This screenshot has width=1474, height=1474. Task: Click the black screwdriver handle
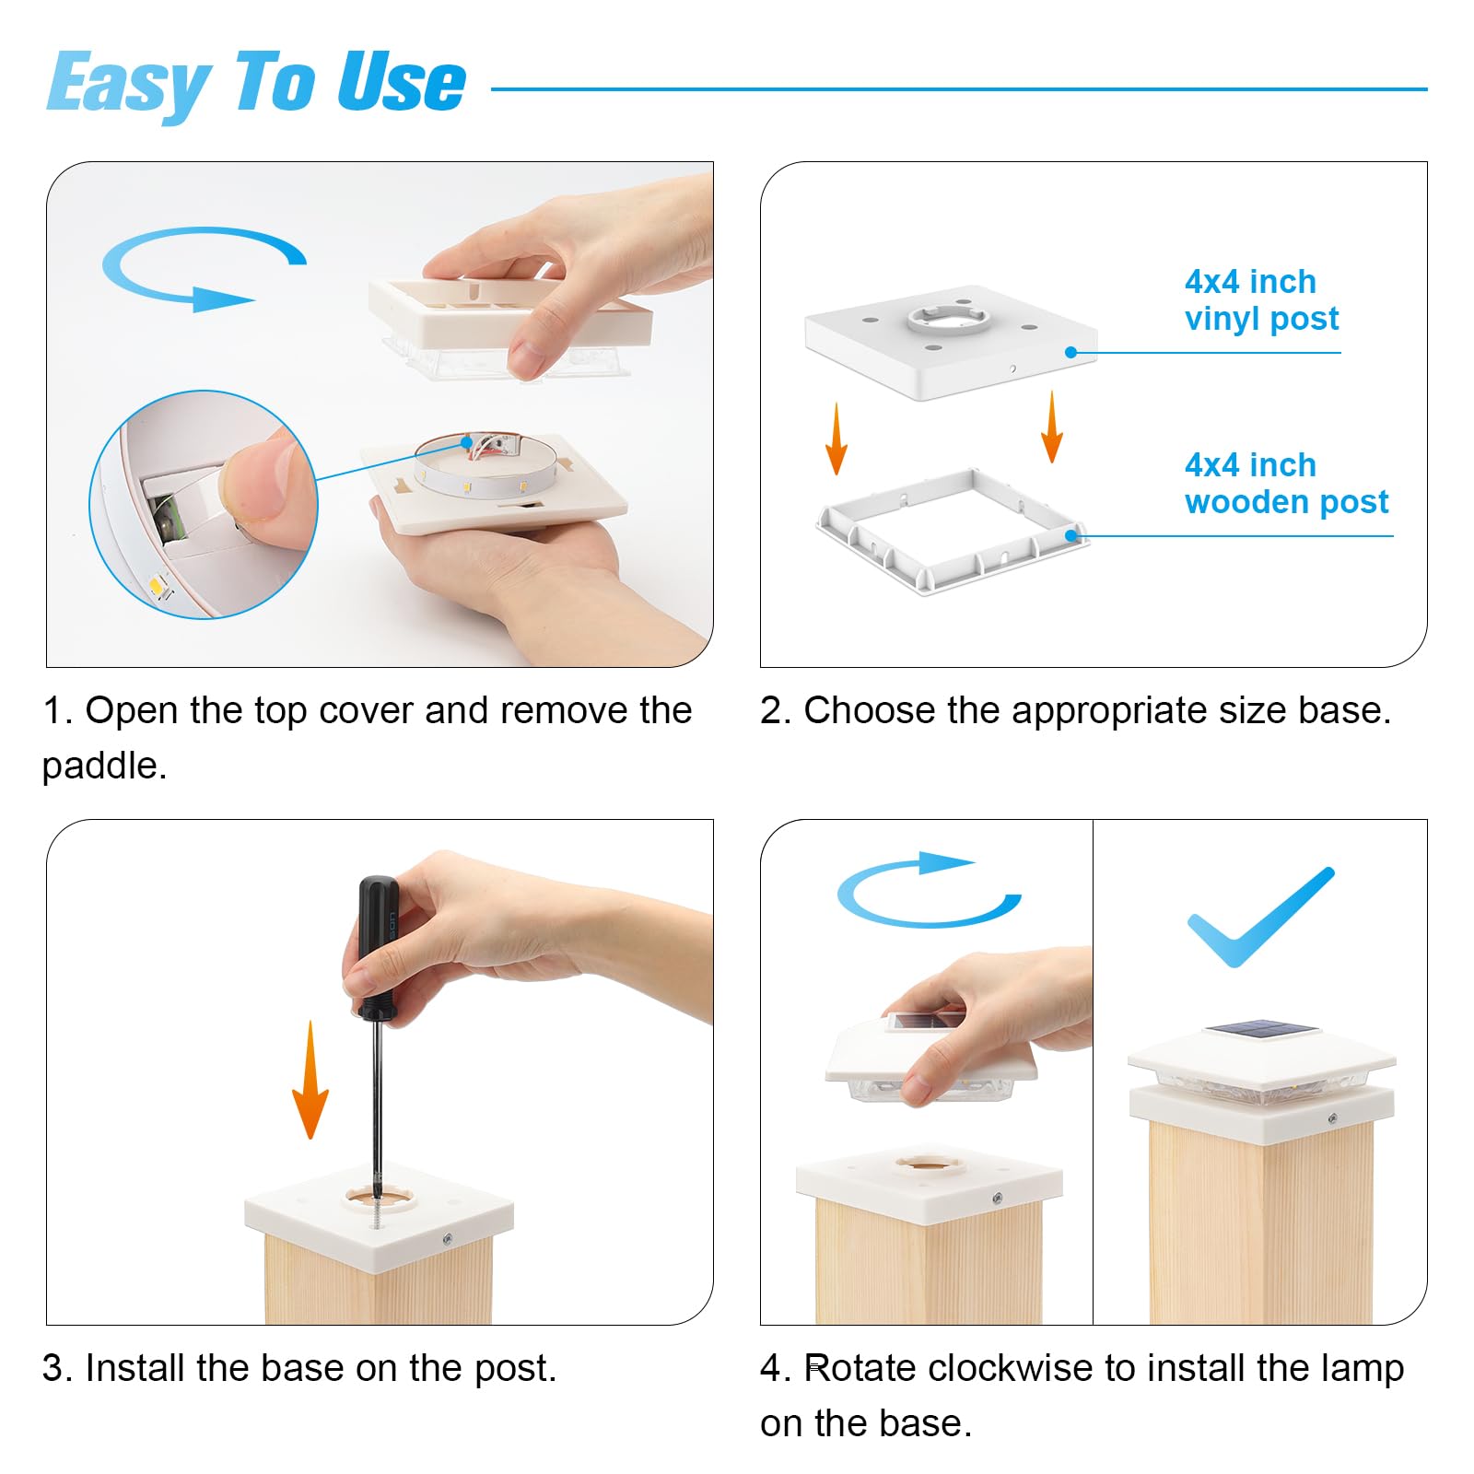[x=379, y=947]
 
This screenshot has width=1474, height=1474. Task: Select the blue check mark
[x=1260, y=917]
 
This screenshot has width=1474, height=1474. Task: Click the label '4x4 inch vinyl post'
[x=1261, y=299]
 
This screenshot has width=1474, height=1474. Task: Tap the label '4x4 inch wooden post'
[x=1286, y=483]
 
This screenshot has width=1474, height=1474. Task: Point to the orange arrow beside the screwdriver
[x=310, y=1079]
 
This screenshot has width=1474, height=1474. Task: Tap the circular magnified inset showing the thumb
[x=204, y=505]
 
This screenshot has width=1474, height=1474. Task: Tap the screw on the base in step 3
[x=448, y=1239]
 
